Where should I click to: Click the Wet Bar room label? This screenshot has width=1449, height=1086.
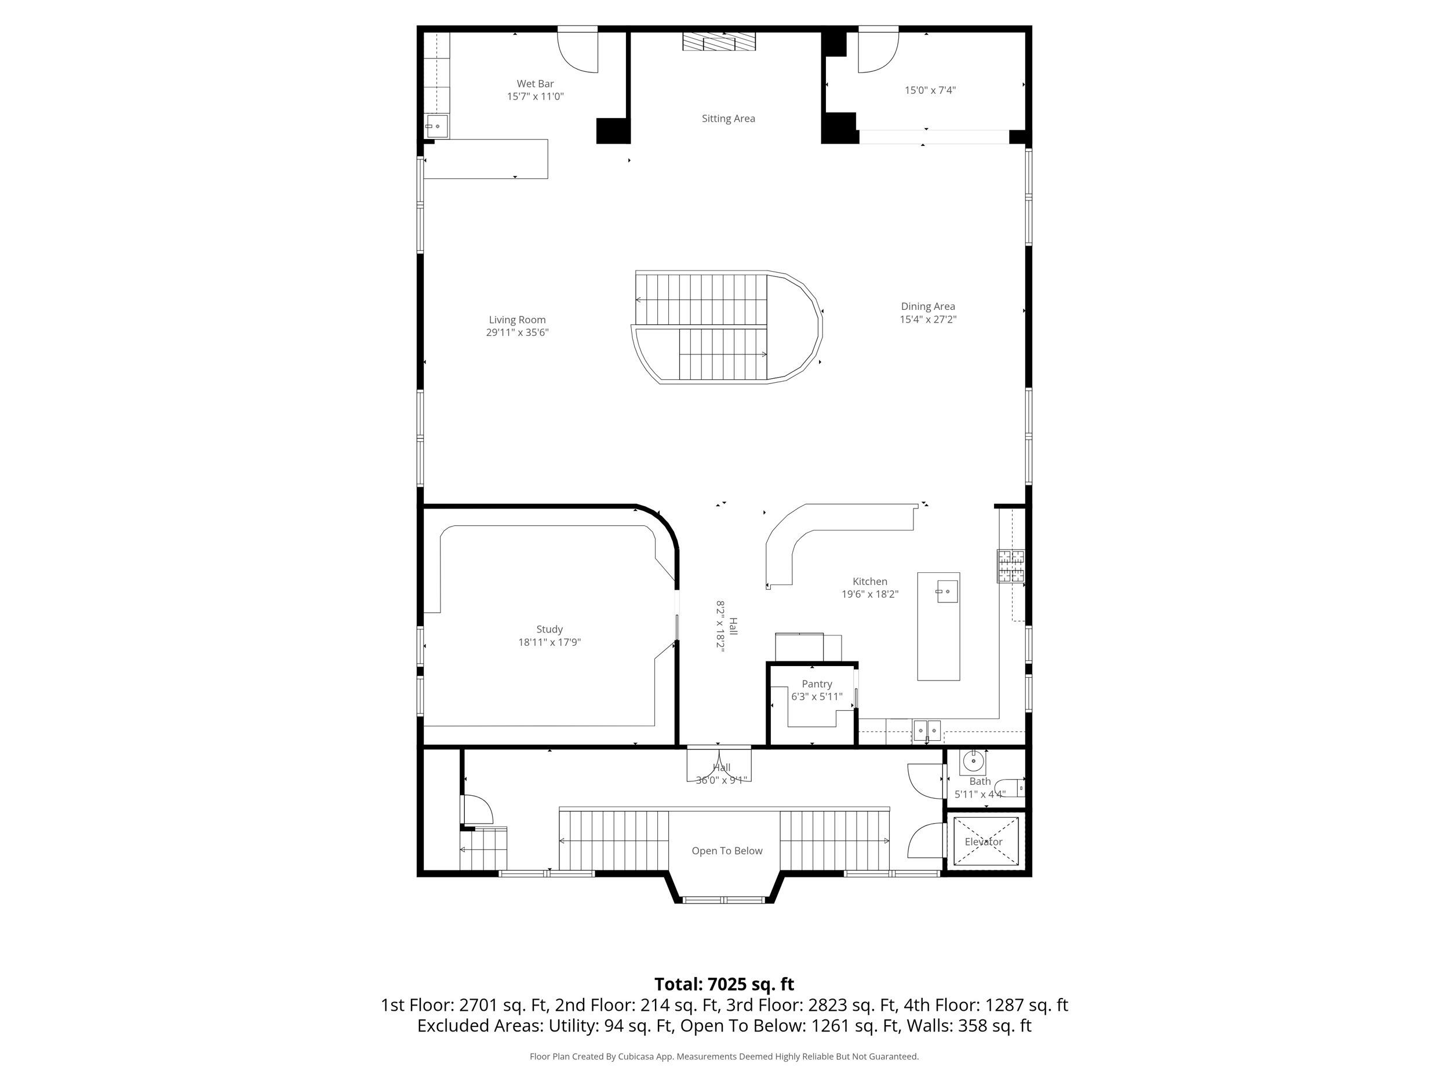[534, 84]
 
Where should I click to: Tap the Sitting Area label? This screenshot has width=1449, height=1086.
[728, 119]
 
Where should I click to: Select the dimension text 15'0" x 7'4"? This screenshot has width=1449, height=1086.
[930, 90]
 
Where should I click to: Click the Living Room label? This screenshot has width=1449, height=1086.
[517, 320]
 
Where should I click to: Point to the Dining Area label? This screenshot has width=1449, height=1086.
[927, 306]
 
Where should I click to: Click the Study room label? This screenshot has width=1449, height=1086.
[549, 629]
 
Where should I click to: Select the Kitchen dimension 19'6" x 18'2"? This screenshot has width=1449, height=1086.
[869, 594]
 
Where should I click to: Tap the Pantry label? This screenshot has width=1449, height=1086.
[816, 683]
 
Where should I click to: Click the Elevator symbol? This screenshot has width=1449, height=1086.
[983, 841]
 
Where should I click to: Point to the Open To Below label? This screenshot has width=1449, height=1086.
[726, 850]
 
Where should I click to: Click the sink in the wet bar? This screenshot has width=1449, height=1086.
[436, 126]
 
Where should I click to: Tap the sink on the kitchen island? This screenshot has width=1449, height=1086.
[946, 591]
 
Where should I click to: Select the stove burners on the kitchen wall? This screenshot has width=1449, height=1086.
[1010, 565]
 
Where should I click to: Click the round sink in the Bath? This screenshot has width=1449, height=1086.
[973, 761]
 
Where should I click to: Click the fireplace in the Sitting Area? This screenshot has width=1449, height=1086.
[719, 42]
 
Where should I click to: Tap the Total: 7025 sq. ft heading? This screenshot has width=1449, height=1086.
[724, 984]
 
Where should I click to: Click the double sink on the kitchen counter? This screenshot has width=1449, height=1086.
[927, 729]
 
